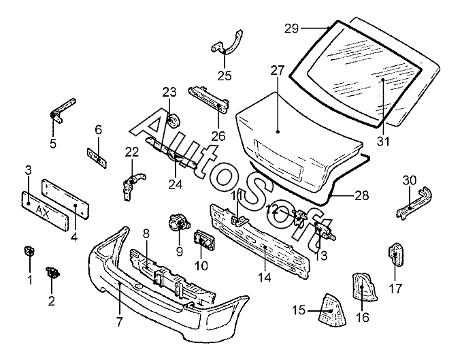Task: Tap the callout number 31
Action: point(384,142)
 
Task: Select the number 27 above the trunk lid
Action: point(277,70)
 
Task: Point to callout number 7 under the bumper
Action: point(119,321)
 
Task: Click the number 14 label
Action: point(264,278)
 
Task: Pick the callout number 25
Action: point(225,76)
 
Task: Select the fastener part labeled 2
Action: point(52,274)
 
